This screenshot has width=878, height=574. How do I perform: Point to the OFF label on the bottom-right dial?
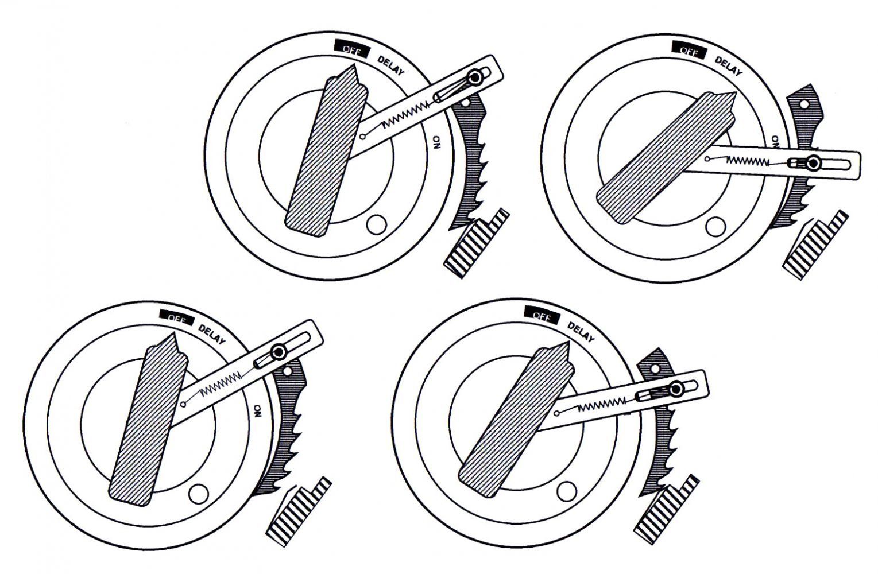[541, 315]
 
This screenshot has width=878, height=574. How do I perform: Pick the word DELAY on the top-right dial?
[728, 65]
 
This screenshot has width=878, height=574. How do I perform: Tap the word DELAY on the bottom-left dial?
[212, 335]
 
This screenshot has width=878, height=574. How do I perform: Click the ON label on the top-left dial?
[437, 141]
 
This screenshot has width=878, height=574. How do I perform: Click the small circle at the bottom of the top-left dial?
[376, 224]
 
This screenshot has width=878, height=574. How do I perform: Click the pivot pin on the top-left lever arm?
[475, 77]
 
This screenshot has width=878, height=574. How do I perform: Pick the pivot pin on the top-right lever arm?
[813, 164]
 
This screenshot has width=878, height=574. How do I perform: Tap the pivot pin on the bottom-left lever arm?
[280, 352]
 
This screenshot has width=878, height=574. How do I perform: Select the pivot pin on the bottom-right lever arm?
[675, 390]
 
